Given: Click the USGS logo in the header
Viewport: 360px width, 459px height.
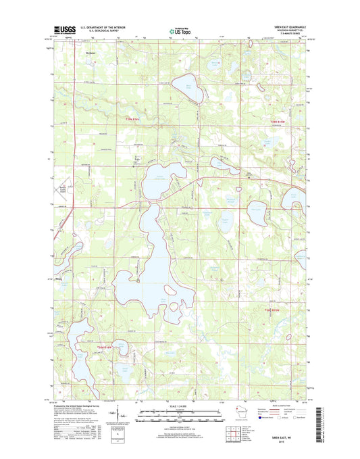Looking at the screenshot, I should click(x=63, y=30).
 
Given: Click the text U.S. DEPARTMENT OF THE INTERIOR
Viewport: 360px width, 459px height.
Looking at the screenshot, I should click(x=102, y=27).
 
